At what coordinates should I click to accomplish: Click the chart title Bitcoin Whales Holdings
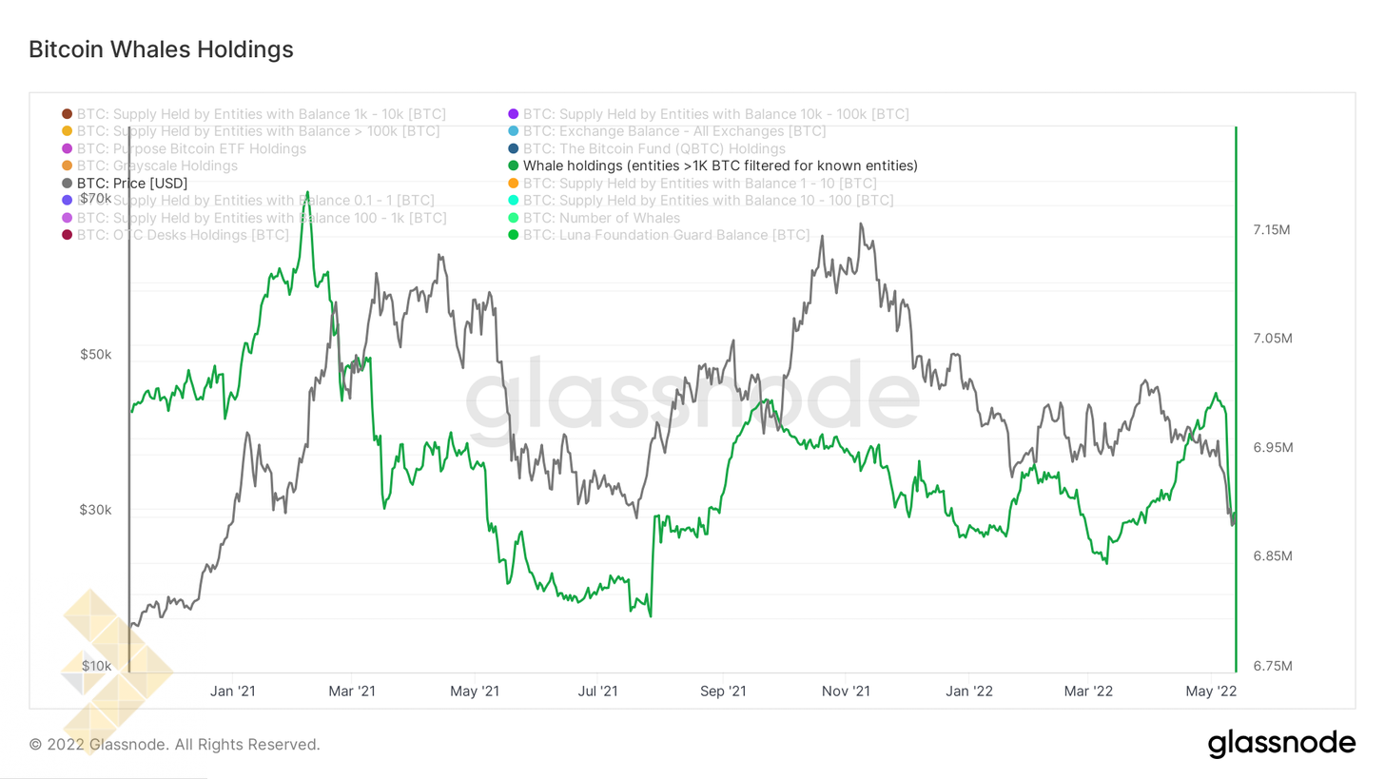pos(161,49)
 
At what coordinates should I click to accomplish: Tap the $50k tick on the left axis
pos(95,355)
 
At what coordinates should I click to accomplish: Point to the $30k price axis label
pos(95,510)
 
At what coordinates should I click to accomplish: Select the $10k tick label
pos(96,665)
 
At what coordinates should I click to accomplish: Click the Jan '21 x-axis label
pos(232,690)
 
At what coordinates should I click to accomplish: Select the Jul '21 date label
pos(596,690)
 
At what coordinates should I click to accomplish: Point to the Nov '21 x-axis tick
pos(846,690)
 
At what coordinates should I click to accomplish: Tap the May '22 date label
pos(1211,690)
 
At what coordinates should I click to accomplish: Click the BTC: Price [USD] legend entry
pos(132,183)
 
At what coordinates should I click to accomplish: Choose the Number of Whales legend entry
pos(601,218)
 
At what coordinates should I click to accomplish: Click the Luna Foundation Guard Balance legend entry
pos(666,235)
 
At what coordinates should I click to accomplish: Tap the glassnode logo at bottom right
pos(1281,743)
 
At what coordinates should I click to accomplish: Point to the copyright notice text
pos(175,744)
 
